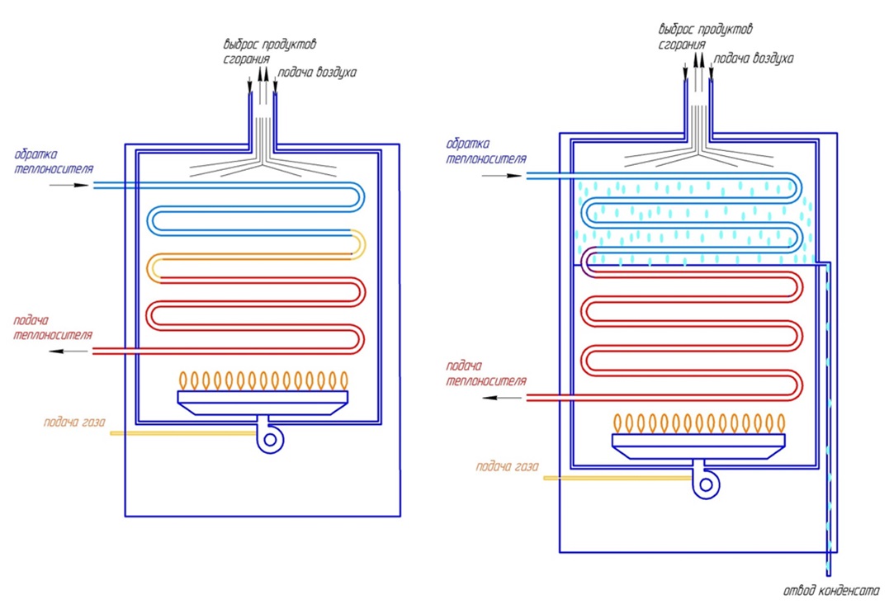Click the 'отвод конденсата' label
pos(831,590)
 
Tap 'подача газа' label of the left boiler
pos(75,422)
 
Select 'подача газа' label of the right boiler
pos(507,466)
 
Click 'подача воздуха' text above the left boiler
pos(318,72)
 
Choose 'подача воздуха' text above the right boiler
pos(753,59)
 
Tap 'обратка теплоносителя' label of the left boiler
pos(52,162)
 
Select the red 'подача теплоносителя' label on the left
pos(52,328)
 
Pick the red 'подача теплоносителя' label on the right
pos(485,373)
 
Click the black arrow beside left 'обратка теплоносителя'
pos(69,186)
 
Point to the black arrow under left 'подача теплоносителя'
pos(69,352)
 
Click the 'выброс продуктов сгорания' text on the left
pos(270,50)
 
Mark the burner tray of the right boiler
pos(698,443)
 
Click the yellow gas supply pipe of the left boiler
pos(182,433)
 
